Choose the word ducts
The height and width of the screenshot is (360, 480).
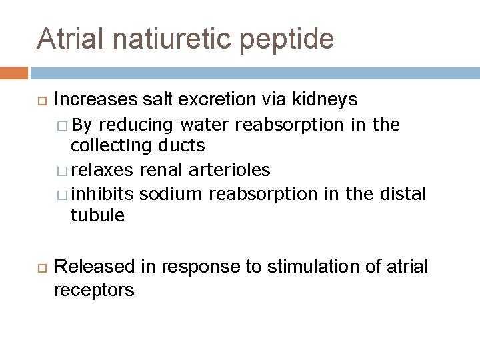point(181,145)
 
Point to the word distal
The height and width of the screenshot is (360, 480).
point(402,195)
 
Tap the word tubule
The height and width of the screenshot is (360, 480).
point(98,215)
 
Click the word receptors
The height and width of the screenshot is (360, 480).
point(94,290)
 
